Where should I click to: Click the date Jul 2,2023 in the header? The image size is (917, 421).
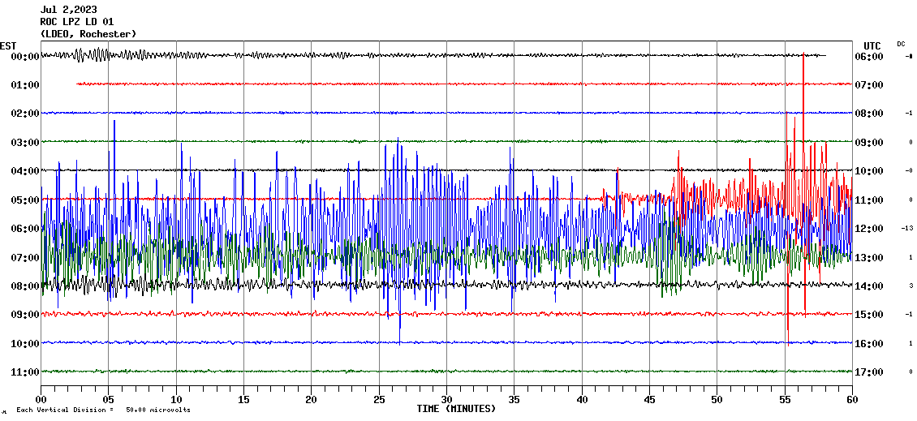tap(68, 10)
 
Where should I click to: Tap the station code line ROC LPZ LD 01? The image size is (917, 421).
tap(76, 22)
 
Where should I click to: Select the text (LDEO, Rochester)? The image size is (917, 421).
tap(88, 33)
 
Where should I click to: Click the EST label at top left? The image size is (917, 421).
tap(8, 45)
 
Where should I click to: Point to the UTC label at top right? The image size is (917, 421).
tap(872, 45)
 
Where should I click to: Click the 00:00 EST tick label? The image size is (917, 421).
tap(24, 57)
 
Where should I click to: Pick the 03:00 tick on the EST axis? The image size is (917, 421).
tap(24, 143)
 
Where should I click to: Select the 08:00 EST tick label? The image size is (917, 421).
tap(24, 286)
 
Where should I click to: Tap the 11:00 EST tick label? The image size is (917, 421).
tap(24, 372)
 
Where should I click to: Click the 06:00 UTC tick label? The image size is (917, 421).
tap(869, 57)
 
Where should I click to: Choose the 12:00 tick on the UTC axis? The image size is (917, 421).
tap(869, 229)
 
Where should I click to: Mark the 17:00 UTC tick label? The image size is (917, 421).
tap(869, 372)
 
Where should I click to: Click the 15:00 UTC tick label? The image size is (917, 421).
tap(869, 315)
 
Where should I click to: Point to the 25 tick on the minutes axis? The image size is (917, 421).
tap(379, 400)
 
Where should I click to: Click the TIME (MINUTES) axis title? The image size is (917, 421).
tap(456, 409)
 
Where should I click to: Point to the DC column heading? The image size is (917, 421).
tap(901, 44)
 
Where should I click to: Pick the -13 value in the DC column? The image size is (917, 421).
tap(908, 229)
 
